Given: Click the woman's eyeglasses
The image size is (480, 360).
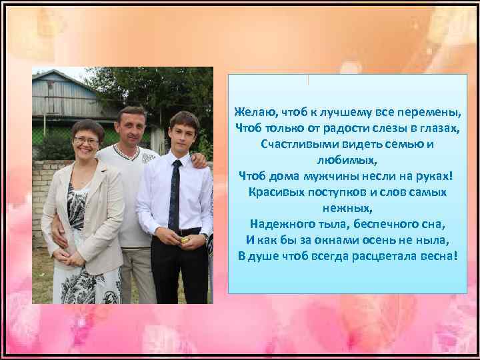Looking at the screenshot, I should tap(87, 141).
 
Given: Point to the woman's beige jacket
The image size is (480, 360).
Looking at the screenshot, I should tap(100, 213).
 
